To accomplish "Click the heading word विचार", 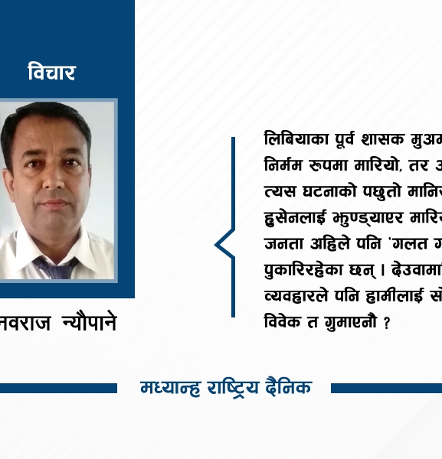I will pyautogui.click(x=51, y=73).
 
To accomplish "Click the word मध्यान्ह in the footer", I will pyautogui.click(x=169, y=388).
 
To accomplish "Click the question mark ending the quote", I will pyautogui.click(x=387, y=323).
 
